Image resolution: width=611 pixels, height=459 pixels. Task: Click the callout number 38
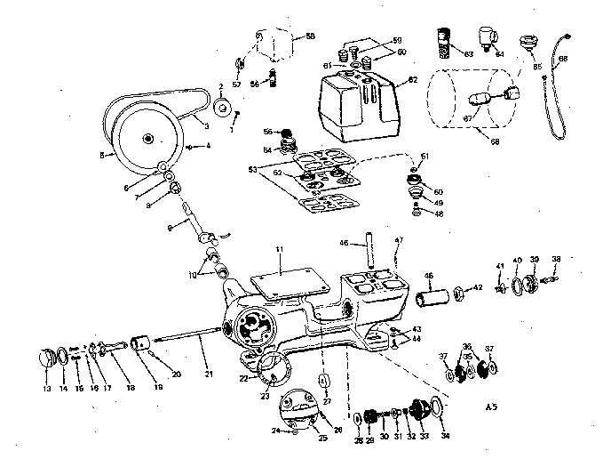point(556,259)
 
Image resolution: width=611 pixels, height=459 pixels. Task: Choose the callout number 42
point(478,287)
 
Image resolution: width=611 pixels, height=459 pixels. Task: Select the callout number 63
point(468,55)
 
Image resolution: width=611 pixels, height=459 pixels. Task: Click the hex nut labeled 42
point(457,291)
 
